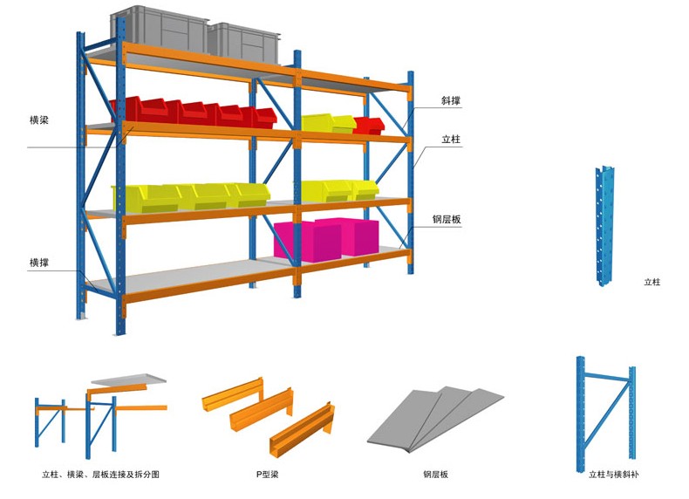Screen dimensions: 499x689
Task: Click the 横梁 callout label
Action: (38, 120)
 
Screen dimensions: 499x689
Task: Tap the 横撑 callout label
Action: (38, 262)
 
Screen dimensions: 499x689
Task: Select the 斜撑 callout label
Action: (451, 101)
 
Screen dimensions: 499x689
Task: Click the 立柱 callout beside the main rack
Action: (451, 140)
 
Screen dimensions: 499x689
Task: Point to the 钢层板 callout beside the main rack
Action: (447, 220)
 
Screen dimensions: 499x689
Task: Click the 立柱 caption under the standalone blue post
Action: (651, 283)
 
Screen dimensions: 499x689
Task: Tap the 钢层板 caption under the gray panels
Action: (435, 475)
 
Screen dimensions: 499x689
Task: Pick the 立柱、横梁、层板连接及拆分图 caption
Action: (100, 475)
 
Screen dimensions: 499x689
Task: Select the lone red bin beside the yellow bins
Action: (369, 125)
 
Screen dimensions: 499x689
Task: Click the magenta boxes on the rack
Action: (325, 237)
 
